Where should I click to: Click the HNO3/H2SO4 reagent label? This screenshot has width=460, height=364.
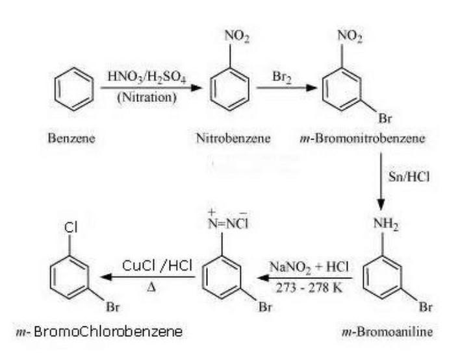click(x=147, y=77)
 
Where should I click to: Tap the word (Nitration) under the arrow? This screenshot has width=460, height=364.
click(x=147, y=97)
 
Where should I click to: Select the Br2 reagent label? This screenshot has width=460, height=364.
click(x=281, y=77)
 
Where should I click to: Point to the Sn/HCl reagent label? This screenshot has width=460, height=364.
click(x=409, y=176)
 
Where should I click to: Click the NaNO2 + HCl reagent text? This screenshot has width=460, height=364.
click(x=309, y=267)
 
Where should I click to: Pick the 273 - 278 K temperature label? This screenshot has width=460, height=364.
click(x=309, y=288)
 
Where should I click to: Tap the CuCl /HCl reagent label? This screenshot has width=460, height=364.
click(x=157, y=266)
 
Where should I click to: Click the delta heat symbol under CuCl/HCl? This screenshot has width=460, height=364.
click(x=151, y=287)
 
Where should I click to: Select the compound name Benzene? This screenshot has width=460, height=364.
click(x=71, y=138)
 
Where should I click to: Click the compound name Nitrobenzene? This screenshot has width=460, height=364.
click(x=233, y=138)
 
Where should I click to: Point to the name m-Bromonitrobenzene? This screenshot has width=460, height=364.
click(x=363, y=138)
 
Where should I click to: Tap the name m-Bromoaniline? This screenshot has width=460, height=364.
click(x=387, y=332)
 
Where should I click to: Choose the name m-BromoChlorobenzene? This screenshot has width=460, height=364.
click(x=99, y=332)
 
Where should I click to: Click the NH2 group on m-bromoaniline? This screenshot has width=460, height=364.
click(x=386, y=224)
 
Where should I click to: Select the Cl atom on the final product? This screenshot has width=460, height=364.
click(x=71, y=227)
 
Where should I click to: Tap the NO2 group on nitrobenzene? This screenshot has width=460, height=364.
click(x=236, y=36)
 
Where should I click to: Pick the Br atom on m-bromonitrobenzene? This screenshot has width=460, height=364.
click(x=385, y=119)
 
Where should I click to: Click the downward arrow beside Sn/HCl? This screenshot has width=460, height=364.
click(x=381, y=181)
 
